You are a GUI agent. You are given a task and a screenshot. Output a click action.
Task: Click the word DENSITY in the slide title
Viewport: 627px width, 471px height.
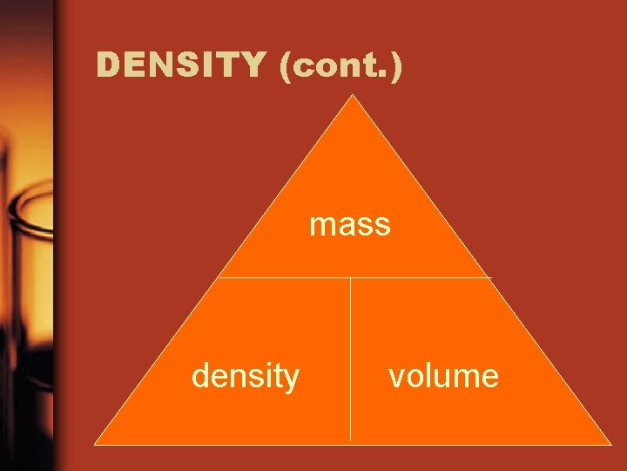tap(181, 65)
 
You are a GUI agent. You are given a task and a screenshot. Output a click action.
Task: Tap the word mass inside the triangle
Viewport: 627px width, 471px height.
tap(350, 225)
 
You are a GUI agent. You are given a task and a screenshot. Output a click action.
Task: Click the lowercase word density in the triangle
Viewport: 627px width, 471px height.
tap(246, 376)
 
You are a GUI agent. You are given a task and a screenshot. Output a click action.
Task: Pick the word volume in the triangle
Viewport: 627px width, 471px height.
tap(443, 376)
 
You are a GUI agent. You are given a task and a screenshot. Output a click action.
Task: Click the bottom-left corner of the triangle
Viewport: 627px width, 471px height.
tap(95, 444)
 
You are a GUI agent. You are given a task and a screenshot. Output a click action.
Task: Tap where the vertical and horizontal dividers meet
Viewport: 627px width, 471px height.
tap(351, 278)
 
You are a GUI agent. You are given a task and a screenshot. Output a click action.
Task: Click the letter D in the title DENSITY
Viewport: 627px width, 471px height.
tap(109, 65)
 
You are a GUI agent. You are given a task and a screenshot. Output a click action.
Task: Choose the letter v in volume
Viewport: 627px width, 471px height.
tap(396, 378)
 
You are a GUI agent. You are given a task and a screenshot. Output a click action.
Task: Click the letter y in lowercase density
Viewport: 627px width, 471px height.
tap(292, 379)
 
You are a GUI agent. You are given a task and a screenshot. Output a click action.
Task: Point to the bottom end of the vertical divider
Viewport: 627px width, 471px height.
tap(351, 439)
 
